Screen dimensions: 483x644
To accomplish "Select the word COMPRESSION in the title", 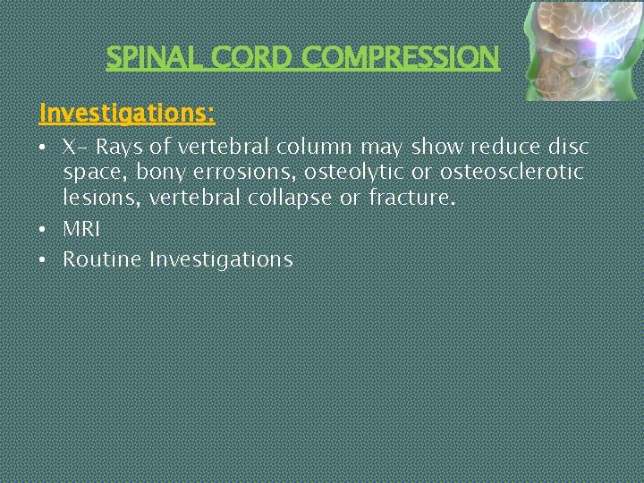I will (x=401, y=58).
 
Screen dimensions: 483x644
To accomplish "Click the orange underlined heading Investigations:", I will (x=127, y=114).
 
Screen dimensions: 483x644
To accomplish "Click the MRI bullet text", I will (x=81, y=229).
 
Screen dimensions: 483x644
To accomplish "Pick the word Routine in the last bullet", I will (x=102, y=259).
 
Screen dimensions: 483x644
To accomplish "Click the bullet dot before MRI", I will (x=43, y=230).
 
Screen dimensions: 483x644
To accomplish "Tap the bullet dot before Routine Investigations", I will (x=43, y=260).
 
